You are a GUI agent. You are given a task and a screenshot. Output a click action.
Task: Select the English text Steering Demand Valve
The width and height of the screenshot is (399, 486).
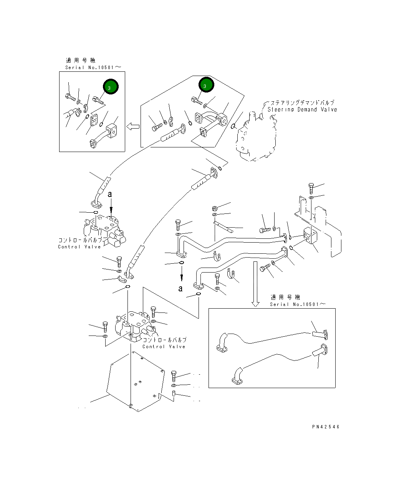[x=302, y=110]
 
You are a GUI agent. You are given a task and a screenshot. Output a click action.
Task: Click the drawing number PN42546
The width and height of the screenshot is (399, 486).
[x=326, y=426]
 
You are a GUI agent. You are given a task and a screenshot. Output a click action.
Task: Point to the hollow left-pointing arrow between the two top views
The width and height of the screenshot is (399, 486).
[x=133, y=126]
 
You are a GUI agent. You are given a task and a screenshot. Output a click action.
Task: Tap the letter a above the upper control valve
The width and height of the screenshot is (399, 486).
[x=110, y=195]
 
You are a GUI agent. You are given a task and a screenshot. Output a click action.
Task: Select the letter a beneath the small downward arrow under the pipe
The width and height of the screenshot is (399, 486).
[x=180, y=289]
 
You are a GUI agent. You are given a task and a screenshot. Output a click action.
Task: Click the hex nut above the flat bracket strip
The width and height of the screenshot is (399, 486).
[x=215, y=208]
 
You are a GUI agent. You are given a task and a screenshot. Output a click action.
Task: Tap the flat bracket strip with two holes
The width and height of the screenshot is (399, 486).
[x=224, y=227]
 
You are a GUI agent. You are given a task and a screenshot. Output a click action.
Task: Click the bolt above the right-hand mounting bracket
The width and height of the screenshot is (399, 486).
[x=311, y=188]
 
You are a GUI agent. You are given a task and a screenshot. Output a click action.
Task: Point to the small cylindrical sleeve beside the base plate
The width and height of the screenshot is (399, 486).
[x=174, y=394]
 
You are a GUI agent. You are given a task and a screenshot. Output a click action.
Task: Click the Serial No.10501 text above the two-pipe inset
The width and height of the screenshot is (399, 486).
[x=298, y=304]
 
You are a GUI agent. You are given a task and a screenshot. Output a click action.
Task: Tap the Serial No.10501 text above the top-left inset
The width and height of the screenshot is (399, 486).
[x=93, y=68]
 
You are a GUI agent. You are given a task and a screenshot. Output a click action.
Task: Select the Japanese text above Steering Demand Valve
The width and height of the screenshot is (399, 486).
[x=302, y=103]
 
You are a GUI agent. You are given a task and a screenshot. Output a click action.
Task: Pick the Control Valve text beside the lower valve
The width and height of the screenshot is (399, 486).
[x=164, y=347]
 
